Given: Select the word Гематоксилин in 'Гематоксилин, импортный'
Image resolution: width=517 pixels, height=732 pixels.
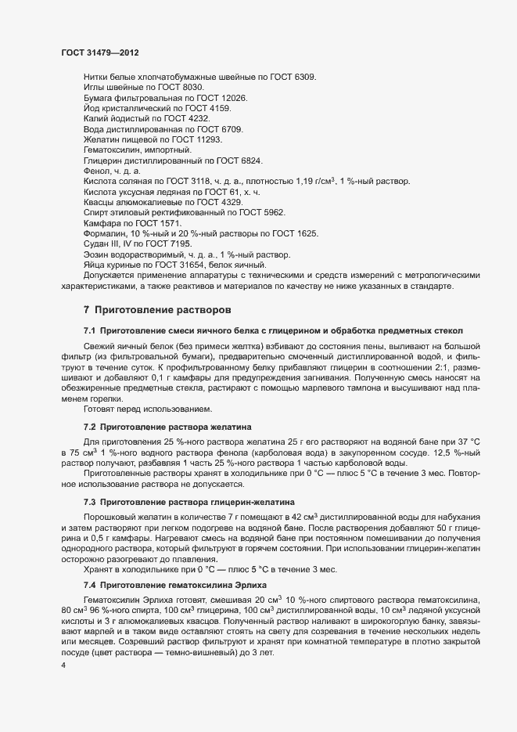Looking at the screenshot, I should pos(110,150).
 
